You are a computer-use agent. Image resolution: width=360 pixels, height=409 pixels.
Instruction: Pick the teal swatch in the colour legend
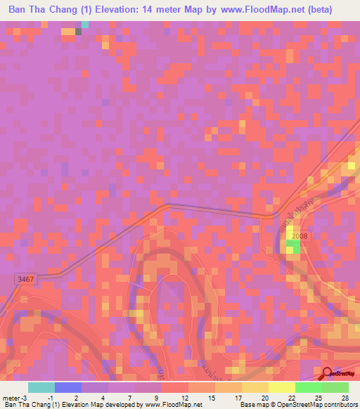coord(41,387)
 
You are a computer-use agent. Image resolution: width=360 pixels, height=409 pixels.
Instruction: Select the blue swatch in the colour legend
coord(68,387)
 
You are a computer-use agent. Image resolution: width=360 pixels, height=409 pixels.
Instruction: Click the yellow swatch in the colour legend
coord(281,387)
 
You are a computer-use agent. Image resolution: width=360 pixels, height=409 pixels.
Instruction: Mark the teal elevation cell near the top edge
coord(85,25)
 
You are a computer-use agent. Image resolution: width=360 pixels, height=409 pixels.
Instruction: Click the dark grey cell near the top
coord(79,32)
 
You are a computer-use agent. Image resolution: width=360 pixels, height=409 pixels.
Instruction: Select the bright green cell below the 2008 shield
coord(295,247)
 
